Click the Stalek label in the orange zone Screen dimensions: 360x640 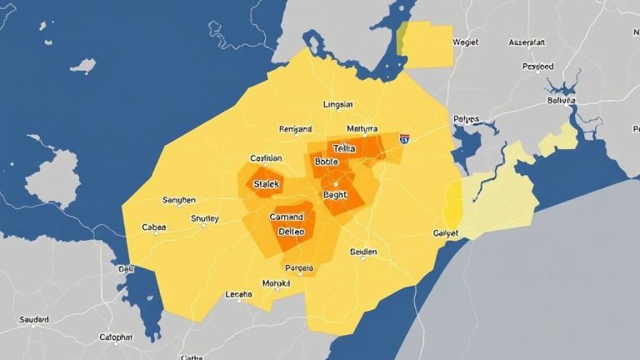tap(268, 183)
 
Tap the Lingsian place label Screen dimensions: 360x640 tap(337, 105)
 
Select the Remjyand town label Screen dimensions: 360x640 tap(295, 129)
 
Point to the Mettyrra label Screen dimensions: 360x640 tap(362, 129)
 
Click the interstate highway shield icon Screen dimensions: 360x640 tap(404, 139)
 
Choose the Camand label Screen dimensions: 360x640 tap(287, 217)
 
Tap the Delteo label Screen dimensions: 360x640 tap(292, 232)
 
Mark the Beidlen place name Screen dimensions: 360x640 tap(362, 252)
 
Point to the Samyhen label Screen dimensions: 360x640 tap(178, 200)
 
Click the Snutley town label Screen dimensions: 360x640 tap(205, 218)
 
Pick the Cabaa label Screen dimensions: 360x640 tap(154, 227)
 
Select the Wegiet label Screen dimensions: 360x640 tap(464, 41)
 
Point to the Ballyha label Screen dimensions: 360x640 tap(561, 99)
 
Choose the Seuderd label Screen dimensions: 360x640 tap(34, 319)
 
